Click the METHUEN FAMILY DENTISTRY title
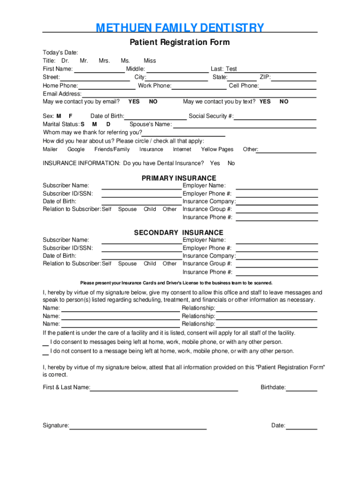tap(180, 29)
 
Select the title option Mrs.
tap(104, 61)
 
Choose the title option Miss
tap(150, 61)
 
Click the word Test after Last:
tap(231, 69)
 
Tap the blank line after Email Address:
tap(199, 94)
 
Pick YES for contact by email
tap(134, 102)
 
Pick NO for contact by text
tap(284, 102)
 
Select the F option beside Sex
tap(71, 116)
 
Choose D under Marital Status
tap(108, 124)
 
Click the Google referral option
tap(76, 150)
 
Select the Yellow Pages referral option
tap(217, 150)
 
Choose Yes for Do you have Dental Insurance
tap(215, 163)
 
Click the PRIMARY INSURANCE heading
tap(179, 178)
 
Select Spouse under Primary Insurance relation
tap(127, 210)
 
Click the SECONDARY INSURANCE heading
tap(179, 232)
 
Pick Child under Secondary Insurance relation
tap(150, 264)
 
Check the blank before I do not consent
tap(45, 351)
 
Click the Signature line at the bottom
tap(138, 426)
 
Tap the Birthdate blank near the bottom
tap(302, 388)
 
